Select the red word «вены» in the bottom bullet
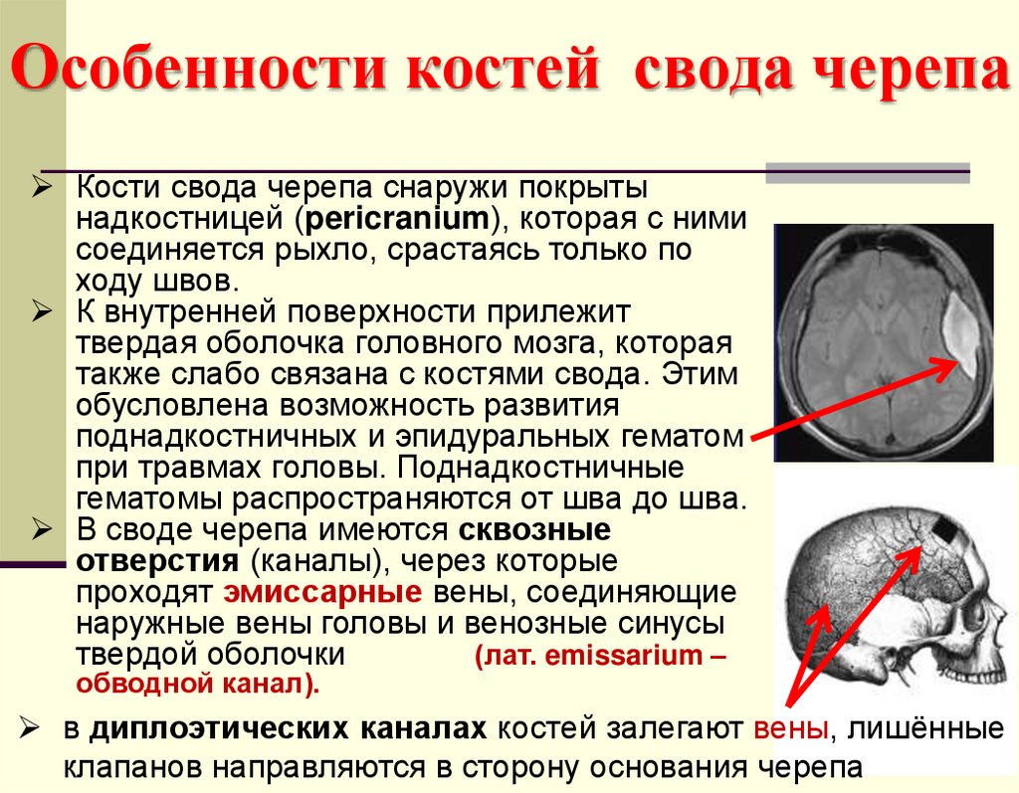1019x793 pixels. tap(791, 729)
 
